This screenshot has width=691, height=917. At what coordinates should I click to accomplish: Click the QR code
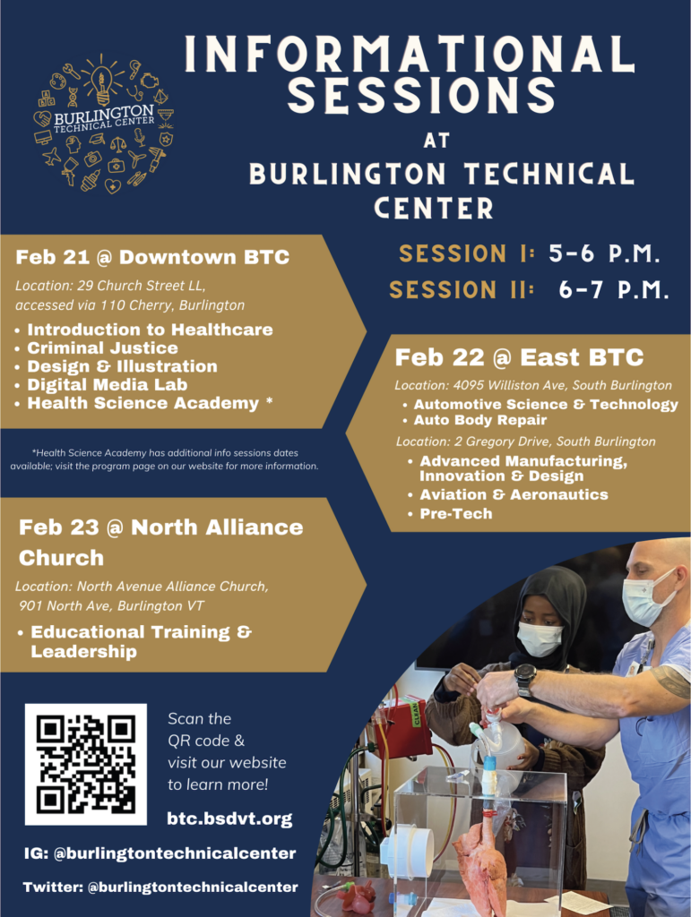point(85,765)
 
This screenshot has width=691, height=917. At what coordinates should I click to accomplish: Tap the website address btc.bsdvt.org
point(229,818)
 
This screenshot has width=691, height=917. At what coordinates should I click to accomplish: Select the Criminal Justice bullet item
point(102,348)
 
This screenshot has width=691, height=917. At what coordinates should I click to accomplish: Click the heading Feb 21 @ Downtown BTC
point(152,257)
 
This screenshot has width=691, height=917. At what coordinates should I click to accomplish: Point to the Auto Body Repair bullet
point(479,420)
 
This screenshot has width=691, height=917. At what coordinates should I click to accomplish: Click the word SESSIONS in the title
point(422,95)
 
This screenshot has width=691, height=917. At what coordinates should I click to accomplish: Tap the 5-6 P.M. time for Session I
point(604,253)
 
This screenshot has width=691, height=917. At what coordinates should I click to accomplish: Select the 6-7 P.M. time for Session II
point(614,290)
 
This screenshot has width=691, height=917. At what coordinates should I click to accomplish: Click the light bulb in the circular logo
point(102,82)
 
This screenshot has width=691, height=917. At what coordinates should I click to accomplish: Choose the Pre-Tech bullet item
point(456,513)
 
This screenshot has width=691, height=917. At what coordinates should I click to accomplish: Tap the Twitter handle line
point(160,887)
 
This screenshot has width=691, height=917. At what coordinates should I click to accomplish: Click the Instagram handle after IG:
point(175,853)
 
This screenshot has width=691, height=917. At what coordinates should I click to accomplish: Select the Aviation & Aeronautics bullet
point(514,494)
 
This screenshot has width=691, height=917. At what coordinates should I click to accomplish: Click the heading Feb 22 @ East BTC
point(519,357)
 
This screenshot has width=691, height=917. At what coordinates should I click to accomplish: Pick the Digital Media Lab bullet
point(107,385)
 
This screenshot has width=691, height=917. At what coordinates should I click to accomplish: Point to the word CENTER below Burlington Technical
point(434,208)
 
